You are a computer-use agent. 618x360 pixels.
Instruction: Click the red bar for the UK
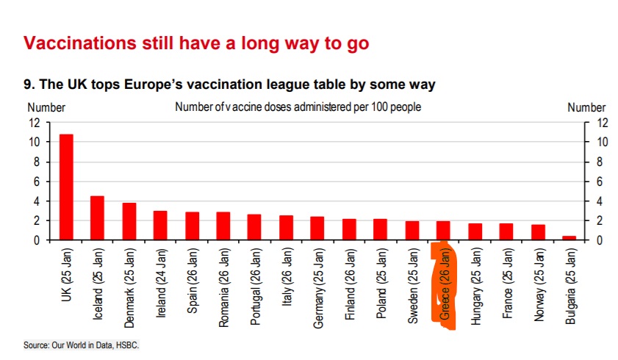pyautogui.click(x=66, y=187)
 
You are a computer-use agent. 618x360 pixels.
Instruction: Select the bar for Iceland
pyautogui.click(x=97, y=217)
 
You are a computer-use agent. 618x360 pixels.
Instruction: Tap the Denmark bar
pyautogui.click(x=129, y=221)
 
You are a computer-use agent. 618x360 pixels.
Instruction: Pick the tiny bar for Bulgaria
pyautogui.click(x=570, y=238)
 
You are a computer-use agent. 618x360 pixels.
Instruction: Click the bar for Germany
pyautogui.click(x=317, y=228)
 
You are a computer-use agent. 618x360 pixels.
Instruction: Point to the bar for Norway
pyautogui.click(x=539, y=232)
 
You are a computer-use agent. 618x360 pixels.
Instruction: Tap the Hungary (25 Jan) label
pyautogui.click(x=475, y=284)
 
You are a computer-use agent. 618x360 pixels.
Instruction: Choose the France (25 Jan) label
pyautogui.click(x=507, y=283)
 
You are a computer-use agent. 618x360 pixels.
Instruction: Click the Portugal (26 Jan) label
pyautogui.click(x=255, y=287)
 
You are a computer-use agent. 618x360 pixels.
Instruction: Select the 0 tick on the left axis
pyautogui.click(x=35, y=240)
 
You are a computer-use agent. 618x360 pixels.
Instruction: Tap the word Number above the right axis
pyautogui.click(x=586, y=107)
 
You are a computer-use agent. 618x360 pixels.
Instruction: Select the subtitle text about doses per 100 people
pyautogui.click(x=298, y=107)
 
